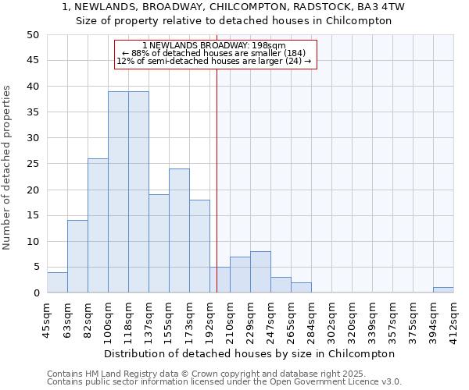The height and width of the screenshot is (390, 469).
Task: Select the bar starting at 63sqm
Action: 77,257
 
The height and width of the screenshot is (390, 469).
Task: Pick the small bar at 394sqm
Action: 443,290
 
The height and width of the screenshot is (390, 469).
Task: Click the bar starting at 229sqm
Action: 260,272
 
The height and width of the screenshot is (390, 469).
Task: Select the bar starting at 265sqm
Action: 301,288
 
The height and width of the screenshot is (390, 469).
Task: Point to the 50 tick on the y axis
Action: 32,35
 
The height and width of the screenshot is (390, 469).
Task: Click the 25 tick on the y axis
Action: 32,164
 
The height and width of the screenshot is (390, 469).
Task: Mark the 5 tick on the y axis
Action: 35,268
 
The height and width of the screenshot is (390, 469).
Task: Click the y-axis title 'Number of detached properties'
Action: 7,168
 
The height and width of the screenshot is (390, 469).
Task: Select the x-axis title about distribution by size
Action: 249,353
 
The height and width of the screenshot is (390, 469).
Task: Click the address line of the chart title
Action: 233,7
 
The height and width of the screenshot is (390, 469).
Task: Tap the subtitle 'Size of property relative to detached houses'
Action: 233,21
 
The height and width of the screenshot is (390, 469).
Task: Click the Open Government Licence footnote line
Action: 224,382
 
